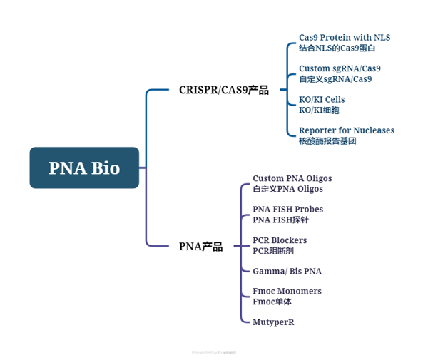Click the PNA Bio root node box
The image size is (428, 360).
[x=84, y=168]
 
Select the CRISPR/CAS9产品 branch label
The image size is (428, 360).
[x=223, y=90]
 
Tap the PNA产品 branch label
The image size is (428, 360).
[x=200, y=247]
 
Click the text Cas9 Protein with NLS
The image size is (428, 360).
[x=345, y=38]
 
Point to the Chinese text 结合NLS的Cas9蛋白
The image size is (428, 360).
[x=337, y=48]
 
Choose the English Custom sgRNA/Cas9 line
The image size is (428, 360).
[x=340, y=68]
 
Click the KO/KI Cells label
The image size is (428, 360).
[x=322, y=100]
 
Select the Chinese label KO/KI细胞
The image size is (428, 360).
[x=319, y=110]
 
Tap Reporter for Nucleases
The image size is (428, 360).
[x=346, y=130]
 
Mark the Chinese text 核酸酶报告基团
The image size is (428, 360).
[x=327, y=141]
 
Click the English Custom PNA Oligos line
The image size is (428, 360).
[x=292, y=178]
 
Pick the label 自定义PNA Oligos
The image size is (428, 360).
[x=287, y=189]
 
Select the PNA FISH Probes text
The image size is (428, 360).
[x=287, y=210]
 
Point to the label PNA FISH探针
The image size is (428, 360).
[x=280, y=220]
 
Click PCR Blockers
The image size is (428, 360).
[x=280, y=240]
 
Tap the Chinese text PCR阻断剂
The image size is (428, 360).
[x=272, y=251]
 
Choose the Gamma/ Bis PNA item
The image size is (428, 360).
[x=287, y=272]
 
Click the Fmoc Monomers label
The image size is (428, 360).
[x=287, y=292]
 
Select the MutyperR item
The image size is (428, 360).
[x=273, y=322]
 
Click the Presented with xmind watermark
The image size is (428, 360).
[x=213, y=352]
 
